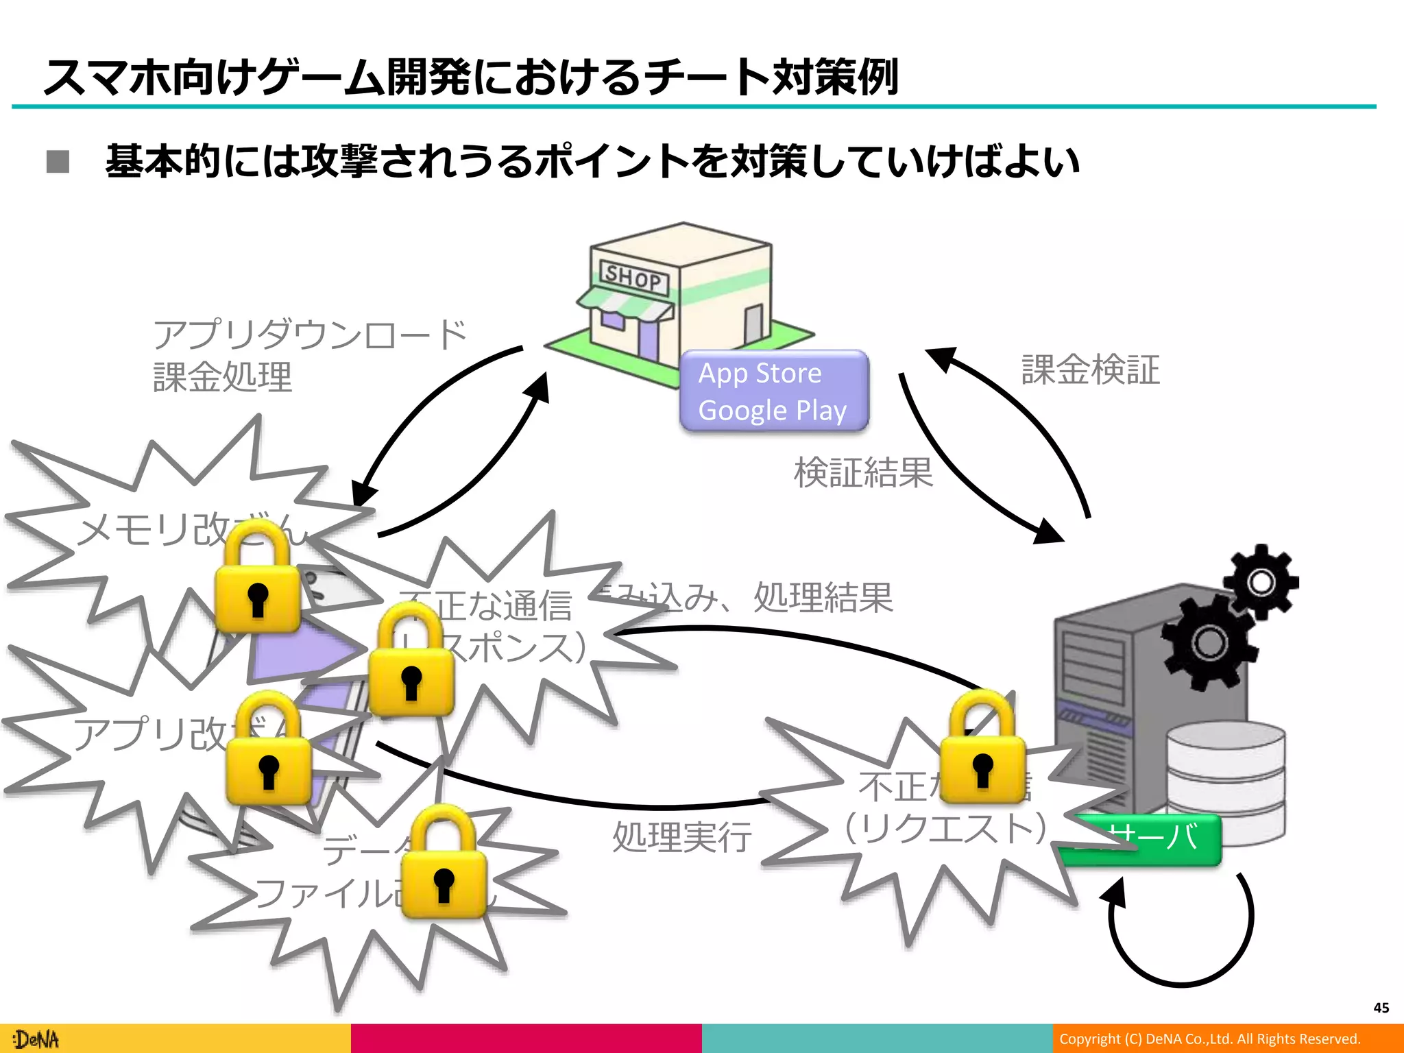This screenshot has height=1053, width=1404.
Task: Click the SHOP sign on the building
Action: (633, 277)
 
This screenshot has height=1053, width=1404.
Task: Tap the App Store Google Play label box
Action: (774, 391)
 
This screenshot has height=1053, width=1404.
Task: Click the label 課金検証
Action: (1090, 370)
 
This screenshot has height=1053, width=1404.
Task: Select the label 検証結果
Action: (863, 472)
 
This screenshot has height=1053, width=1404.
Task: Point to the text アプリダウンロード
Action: (309, 335)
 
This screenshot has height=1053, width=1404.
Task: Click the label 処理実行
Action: (681, 837)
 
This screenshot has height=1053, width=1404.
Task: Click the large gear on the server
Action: (1208, 642)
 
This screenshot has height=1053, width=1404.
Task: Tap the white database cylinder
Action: (1226, 782)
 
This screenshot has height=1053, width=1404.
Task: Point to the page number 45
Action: (1381, 1007)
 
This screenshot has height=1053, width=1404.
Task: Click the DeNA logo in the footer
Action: (36, 1039)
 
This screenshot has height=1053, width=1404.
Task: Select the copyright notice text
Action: (1209, 1039)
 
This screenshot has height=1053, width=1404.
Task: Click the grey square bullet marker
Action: (58, 162)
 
